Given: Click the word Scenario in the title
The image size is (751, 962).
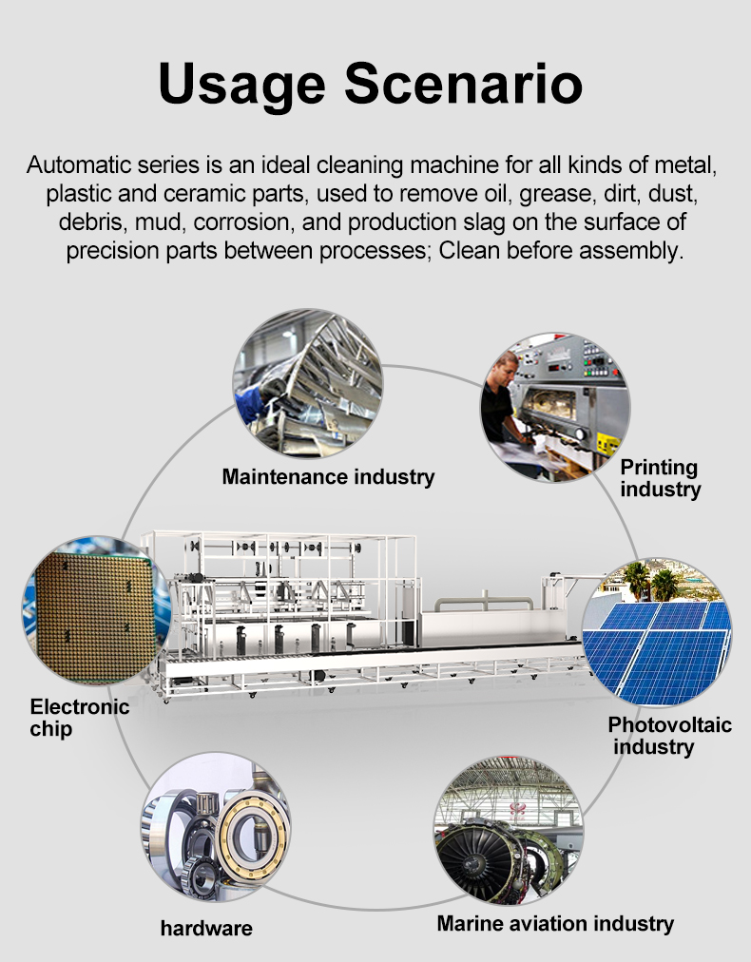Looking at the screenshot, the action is coord(463,84).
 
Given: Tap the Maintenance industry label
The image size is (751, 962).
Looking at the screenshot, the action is coord(328,476).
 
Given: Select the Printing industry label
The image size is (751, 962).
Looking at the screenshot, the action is coord(660,478).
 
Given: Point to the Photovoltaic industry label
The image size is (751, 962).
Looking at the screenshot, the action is coord(669,736).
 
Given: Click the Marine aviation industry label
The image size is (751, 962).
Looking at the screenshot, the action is coord(555,923).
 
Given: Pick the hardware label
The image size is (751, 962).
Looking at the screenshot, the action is coord(206,929).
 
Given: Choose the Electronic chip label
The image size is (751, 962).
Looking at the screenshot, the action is coord(79,718).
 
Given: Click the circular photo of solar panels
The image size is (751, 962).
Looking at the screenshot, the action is coord(657,632).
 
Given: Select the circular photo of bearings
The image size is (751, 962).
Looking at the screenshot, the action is coord(216,827).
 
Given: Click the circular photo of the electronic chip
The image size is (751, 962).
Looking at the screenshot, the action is coord(97,610).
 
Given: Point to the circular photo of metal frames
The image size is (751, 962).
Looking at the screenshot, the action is coord(308,383).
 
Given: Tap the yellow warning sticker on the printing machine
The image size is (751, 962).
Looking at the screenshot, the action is coord(608,443).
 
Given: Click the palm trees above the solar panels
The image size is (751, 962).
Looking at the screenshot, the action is coord(650,581).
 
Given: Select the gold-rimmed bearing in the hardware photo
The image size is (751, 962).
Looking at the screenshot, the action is coord(255,833).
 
